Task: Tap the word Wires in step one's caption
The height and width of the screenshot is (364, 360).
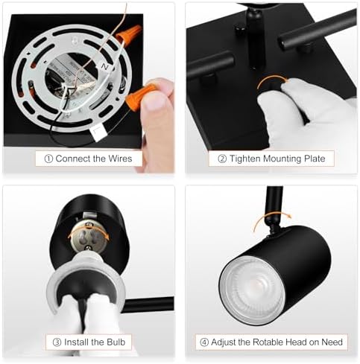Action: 116,159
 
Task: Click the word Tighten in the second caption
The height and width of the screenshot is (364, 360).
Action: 247,159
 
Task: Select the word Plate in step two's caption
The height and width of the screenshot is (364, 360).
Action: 316,159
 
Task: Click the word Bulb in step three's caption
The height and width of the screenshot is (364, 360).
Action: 117,342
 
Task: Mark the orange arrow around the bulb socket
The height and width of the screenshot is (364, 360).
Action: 86,232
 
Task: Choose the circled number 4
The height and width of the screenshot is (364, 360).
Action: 203,342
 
